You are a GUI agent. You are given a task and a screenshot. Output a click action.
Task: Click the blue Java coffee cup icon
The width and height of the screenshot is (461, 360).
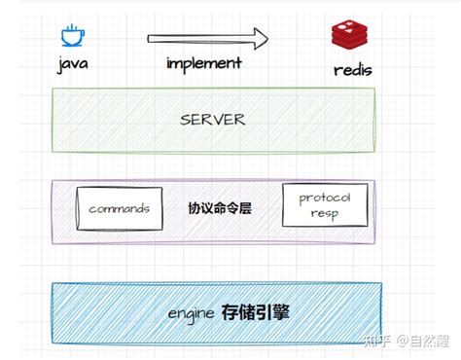click(72, 37)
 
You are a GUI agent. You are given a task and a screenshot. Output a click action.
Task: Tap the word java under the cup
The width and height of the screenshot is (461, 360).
click(73, 65)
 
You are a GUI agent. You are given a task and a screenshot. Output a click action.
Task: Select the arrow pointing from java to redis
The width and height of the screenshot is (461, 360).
click(206, 39)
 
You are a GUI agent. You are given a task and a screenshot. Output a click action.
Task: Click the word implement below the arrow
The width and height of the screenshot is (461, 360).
click(203, 63)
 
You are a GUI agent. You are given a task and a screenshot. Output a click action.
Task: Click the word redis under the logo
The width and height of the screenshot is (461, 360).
click(352, 70)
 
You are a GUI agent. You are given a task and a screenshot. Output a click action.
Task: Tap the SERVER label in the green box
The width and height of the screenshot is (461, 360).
click(213, 120)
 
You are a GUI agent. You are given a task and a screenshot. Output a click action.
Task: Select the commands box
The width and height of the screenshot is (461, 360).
click(118, 209)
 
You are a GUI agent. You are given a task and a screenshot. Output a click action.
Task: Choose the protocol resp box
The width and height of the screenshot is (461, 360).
click(325, 204)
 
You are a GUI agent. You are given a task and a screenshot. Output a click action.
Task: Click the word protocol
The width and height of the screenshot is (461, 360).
click(325, 197)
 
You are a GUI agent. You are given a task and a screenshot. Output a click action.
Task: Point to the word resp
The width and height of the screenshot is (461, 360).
click(325, 213)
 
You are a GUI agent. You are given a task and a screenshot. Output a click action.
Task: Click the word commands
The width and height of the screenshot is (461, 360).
click(118, 209)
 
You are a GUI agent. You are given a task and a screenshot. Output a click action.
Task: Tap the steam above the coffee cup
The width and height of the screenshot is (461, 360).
click(72, 27)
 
